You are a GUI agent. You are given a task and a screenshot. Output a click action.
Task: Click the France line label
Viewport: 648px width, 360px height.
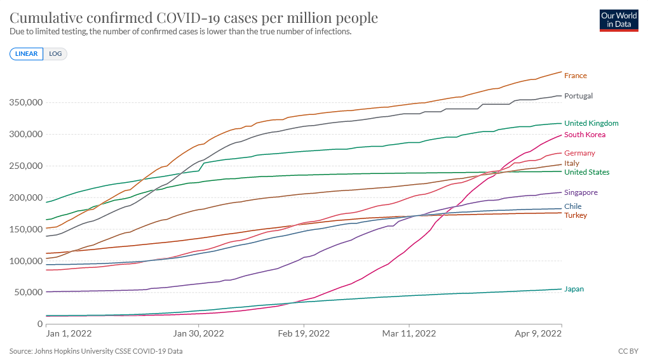click(576, 76)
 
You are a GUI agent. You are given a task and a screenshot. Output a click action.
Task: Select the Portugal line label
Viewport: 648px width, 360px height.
click(578, 96)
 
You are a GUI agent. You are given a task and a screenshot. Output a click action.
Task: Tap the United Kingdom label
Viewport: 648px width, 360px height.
click(591, 123)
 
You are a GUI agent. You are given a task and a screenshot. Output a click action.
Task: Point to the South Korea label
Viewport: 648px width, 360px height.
click(584, 135)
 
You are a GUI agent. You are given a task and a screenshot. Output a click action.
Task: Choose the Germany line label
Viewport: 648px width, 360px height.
click(579, 153)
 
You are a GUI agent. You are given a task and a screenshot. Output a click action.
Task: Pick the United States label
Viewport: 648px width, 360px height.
click(586, 172)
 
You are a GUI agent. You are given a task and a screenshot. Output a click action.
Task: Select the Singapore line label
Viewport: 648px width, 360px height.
click(581, 192)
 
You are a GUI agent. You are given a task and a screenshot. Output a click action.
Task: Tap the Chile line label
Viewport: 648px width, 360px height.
click(572, 206)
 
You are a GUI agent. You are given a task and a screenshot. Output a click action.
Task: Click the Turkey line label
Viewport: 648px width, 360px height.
click(576, 215)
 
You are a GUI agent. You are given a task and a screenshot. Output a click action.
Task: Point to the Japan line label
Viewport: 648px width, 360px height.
click(574, 289)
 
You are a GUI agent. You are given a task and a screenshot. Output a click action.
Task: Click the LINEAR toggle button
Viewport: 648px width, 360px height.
click(27, 54)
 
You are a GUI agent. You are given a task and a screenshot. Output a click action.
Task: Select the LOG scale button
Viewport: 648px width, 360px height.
click(55, 54)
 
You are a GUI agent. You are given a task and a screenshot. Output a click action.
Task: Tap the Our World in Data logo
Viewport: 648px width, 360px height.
click(619, 20)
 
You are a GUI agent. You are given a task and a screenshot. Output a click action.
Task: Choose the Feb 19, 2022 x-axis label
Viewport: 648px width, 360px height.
click(304, 333)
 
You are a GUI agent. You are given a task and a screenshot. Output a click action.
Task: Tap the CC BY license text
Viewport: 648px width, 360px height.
click(628, 350)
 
